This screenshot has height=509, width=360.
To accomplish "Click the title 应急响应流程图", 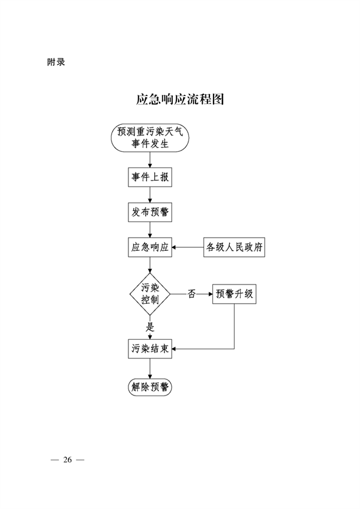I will (180, 100).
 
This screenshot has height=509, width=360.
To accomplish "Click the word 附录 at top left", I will (56, 61).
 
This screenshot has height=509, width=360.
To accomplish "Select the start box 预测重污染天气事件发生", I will (150, 139).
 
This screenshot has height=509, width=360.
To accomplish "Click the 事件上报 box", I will (150, 178).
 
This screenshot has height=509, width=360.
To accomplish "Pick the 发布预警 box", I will (150, 212).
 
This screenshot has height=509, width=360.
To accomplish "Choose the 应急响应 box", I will (150, 247).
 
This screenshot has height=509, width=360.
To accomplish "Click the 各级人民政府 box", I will (235, 247).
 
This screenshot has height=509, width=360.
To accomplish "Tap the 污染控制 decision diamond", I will (150, 294).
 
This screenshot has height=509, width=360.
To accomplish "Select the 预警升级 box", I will (233, 294).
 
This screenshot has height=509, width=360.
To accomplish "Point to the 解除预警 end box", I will (150, 387).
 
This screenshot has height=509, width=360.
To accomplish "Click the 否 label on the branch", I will (192, 294).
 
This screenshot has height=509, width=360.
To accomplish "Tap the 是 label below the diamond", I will (151, 328).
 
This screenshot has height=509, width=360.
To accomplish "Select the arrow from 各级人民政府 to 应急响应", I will (188, 247).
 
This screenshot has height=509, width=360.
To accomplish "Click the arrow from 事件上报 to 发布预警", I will (150, 195).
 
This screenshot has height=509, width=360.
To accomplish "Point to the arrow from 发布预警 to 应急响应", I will (150, 229).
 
